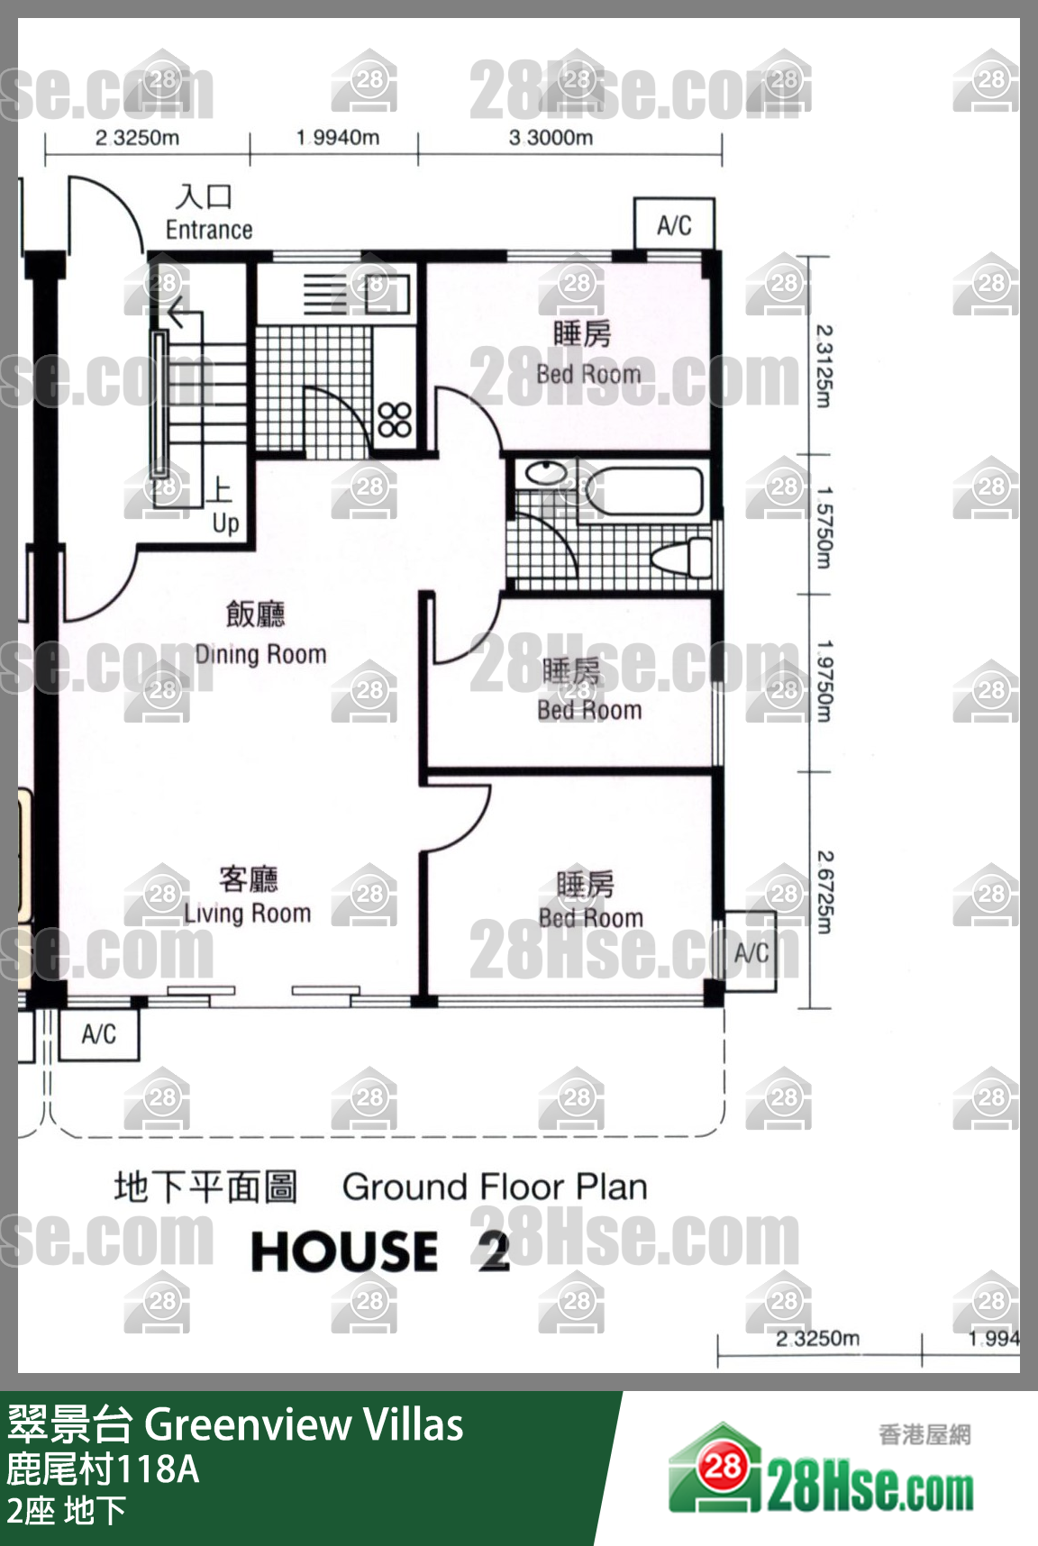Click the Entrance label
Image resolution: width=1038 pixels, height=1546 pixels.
[x=209, y=230]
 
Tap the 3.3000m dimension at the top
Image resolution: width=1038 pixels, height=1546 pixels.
[x=551, y=138]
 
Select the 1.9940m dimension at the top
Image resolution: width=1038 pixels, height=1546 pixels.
[x=338, y=138]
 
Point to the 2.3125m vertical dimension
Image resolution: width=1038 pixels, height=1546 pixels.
[x=824, y=366]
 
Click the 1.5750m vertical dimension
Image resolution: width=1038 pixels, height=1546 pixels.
[x=824, y=528]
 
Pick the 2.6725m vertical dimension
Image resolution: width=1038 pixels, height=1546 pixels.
[x=824, y=892]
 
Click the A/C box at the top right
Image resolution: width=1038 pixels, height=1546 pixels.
[x=675, y=224]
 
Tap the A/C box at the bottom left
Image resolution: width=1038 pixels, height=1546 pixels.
[x=99, y=1034]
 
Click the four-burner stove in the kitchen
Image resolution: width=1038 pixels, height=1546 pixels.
[x=395, y=419]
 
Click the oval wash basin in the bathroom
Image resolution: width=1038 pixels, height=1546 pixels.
[x=546, y=473]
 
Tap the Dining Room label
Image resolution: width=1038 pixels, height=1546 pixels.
[x=260, y=654]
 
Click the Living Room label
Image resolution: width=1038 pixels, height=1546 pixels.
[x=248, y=913]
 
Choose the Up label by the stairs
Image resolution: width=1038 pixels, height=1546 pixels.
[x=226, y=523]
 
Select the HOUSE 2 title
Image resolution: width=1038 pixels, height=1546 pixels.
[x=380, y=1251]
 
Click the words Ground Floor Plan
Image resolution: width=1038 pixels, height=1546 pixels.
[x=495, y=1187]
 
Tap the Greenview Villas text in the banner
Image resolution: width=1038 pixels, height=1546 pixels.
[x=304, y=1424]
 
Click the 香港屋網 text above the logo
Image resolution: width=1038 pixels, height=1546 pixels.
[x=924, y=1434]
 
